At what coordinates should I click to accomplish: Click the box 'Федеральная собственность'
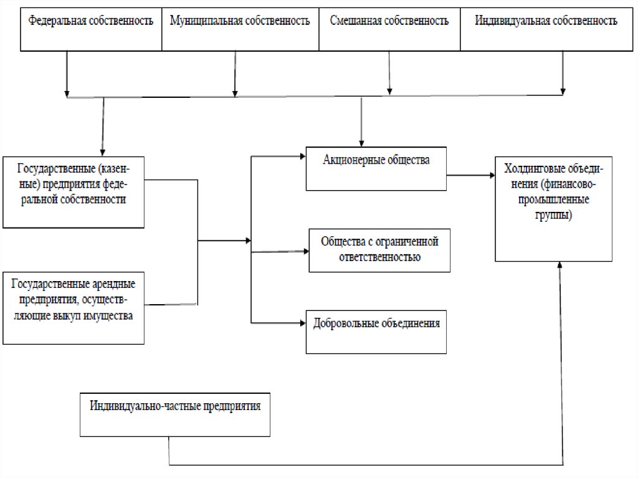(x=91, y=29)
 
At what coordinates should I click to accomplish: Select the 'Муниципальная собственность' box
(x=240, y=29)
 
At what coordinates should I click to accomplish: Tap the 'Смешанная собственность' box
(x=389, y=29)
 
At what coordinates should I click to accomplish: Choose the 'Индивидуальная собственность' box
(x=546, y=29)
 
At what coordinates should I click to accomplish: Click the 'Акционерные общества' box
(x=376, y=169)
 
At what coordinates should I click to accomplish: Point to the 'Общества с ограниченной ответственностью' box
(x=379, y=250)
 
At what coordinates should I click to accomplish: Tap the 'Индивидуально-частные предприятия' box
(x=175, y=414)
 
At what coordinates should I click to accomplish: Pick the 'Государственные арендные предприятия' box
(x=73, y=307)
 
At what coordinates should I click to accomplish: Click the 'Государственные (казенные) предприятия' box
(x=73, y=191)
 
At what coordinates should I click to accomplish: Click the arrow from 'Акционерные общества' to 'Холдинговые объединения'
(x=470, y=176)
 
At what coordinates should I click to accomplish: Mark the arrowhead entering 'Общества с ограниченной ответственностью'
(x=305, y=252)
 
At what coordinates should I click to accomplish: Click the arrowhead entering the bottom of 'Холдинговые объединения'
(x=560, y=265)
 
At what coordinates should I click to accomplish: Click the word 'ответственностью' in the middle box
(x=379, y=257)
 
